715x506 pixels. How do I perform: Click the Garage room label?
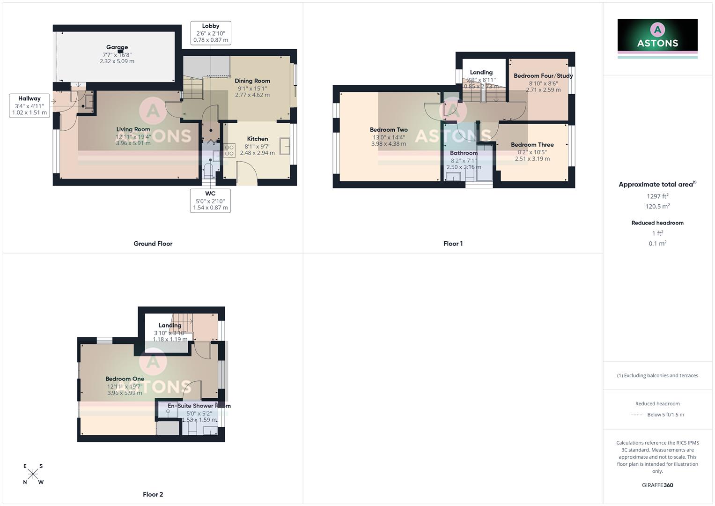click(117, 47)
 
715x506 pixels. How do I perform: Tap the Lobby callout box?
click(211, 33)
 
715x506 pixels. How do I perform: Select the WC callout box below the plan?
click(210, 201)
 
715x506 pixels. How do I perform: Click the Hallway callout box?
click(29, 105)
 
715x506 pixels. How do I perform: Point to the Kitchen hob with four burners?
click(229, 150)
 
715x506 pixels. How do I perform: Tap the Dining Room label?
click(252, 81)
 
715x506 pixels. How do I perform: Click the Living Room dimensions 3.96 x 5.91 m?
click(133, 143)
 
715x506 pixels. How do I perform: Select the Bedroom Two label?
click(389, 130)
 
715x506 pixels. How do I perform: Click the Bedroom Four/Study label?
click(543, 76)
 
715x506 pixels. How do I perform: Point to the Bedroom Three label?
click(532, 145)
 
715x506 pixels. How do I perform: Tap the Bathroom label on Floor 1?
click(464, 153)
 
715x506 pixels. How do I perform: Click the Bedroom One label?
click(125, 379)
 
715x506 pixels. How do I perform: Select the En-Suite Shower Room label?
click(199, 406)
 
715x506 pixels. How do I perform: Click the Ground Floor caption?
click(153, 244)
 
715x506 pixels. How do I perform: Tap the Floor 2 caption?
click(153, 494)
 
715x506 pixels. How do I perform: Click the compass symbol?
click(33, 474)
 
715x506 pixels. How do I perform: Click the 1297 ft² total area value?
click(657, 196)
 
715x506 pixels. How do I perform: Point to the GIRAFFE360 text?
click(657, 485)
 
